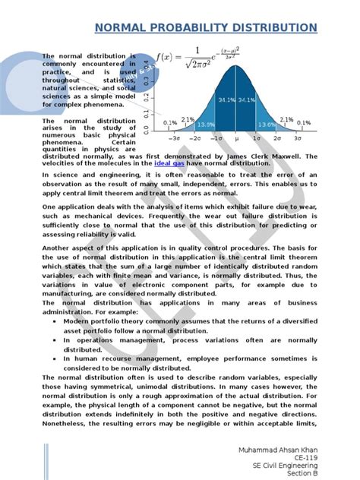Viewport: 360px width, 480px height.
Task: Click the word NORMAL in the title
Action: [x=124, y=28]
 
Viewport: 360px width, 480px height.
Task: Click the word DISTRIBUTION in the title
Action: [x=270, y=28]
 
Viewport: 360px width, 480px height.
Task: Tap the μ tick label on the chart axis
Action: [x=238, y=140]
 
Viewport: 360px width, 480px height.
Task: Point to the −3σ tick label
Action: [x=174, y=140]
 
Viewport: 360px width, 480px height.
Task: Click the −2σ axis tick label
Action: [x=195, y=140]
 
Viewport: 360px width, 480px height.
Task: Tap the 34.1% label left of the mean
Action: [x=226, y=99]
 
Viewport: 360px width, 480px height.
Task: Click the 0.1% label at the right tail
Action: [x=304, y=122]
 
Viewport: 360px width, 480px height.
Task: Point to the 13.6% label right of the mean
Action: [x=267, y=125]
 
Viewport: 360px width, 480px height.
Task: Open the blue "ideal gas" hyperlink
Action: [x=168, y=163]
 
